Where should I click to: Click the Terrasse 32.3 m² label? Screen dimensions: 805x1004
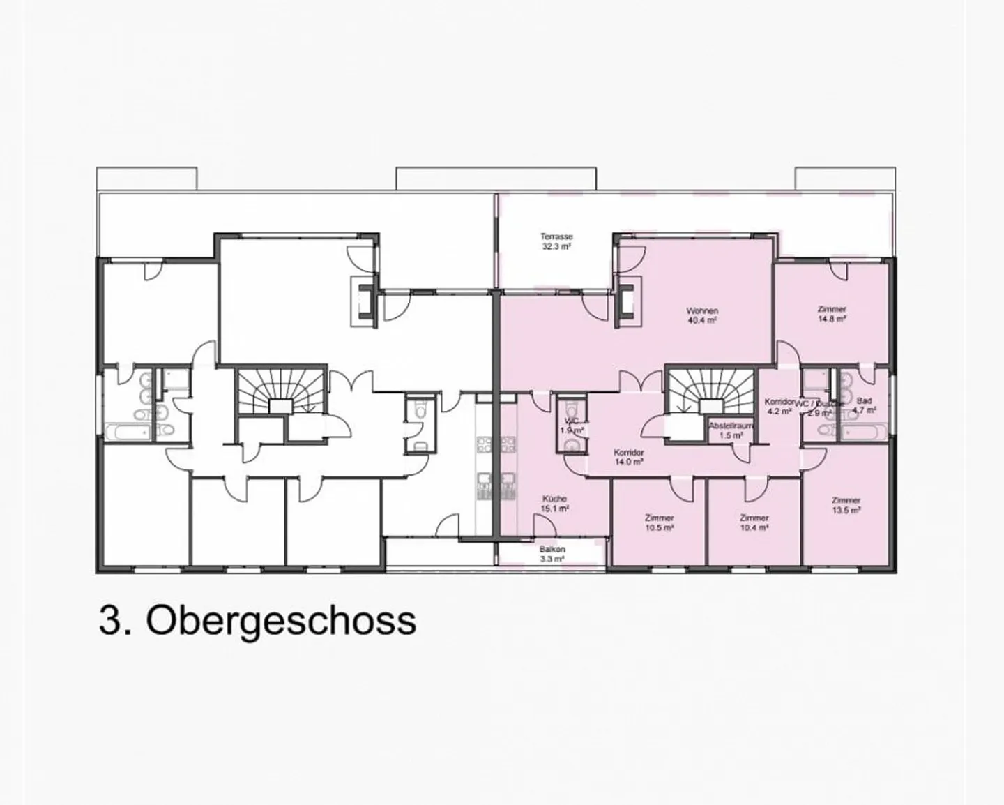click(556, 241)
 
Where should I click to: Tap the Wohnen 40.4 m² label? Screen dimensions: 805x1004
click(701, 315)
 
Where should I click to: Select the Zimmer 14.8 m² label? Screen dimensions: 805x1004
click(832, 314)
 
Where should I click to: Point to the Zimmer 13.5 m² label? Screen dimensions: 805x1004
click(846, 505)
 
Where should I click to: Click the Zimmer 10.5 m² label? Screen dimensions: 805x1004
click(659, 523)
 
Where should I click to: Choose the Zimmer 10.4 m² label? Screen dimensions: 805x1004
click(754, 523)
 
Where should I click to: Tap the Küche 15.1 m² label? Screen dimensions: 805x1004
click(555, 504)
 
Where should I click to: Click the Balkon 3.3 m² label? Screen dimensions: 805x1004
click(552, 554)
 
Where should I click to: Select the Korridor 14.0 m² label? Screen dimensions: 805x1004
click(628, 456)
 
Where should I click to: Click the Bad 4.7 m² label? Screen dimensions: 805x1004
click(865, 406)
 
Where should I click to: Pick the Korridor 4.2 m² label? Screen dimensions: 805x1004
click(779, 407)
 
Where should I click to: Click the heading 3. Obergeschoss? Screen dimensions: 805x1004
click(257, 620)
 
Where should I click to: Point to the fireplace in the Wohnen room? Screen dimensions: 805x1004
click(625, 301)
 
